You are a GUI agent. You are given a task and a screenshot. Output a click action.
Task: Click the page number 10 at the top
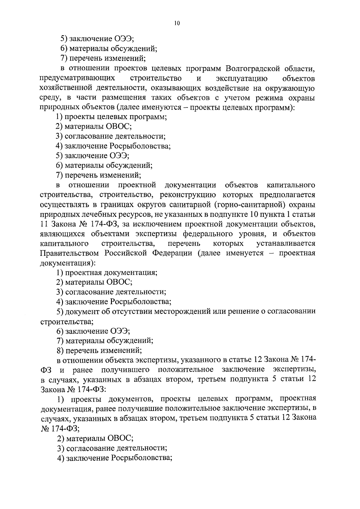(176, 23)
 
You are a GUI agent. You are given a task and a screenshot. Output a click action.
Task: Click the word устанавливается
(286, 243)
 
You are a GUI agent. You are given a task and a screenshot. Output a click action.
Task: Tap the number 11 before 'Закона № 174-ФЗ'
(43, 224)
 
